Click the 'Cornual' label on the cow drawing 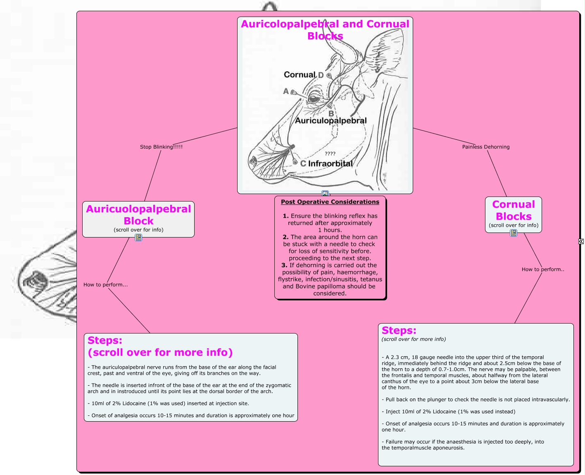pyautogui.click(x=300, y=74)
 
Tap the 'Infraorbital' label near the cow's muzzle pyautogui.click(x=330, y=163)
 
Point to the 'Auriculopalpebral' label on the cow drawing pyautogui.click(x=331, y=120)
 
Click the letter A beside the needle pyautogui.click(x=286, y=91)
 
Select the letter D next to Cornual pyautogui.click(x=321, y=75)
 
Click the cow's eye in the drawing pyautogui.click(x=314, y=98)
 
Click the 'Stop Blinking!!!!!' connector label pyautogui.click(x=161, y=147)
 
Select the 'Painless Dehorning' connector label pyautogui.click(x=485, y=147)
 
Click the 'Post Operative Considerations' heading pyautogui.click(x=330, y=202)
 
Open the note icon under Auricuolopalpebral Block pyautogui.click(x=138, y=237)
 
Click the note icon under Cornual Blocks pyautogui.click(x=513, y=233)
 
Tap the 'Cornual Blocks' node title pyautogui.click(x=513, y=210)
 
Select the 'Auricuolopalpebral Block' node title pyautogui.click(x=138, y=215)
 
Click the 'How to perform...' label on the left pyautogui.click(x=105, y=285)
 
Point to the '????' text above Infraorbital pyautogui.click(x=330, y=154)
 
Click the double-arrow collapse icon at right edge pyautogui.click(x=581, y=241)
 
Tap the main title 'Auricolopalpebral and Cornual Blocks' pyautogui.click(x=325, y=30)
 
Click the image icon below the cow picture pyautogui.click(x=325, y=194)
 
